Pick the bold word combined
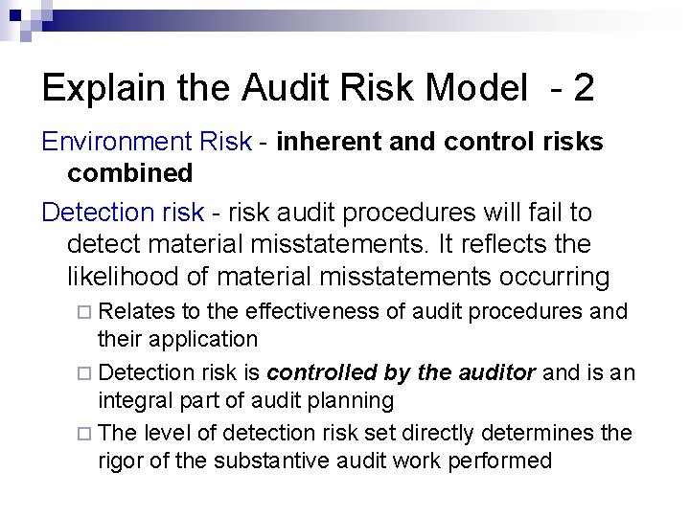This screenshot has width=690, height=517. click(x=130, y=172)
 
